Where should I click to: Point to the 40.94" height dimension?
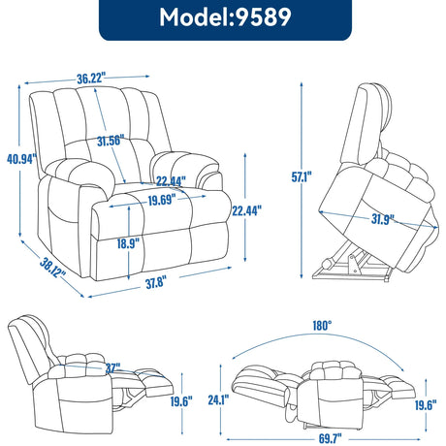(20, 159)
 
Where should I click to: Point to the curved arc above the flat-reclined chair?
(320, 338)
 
